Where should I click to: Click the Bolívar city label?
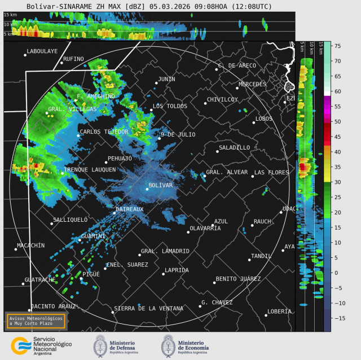pyautogui.click(x=160, y=185)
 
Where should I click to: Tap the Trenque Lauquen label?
pyautogui.click(x=90, y=169)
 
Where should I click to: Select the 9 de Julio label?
pyautogui.click(x=178, y=134)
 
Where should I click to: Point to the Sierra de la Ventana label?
pyautogui.click(x=148, y=309)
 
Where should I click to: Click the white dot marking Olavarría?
pyautogui.click(x=188, y=232)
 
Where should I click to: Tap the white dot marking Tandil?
pyautogui.click(x=249, y=260)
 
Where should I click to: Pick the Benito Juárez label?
pyautogui.click(x=238, y=279)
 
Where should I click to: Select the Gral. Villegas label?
pyautogui.click(x=72, y=109)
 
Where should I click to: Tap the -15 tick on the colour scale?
pyautogui.click(x=338, y=318)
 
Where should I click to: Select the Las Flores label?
pyautogui.click(x=271, y=172)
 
